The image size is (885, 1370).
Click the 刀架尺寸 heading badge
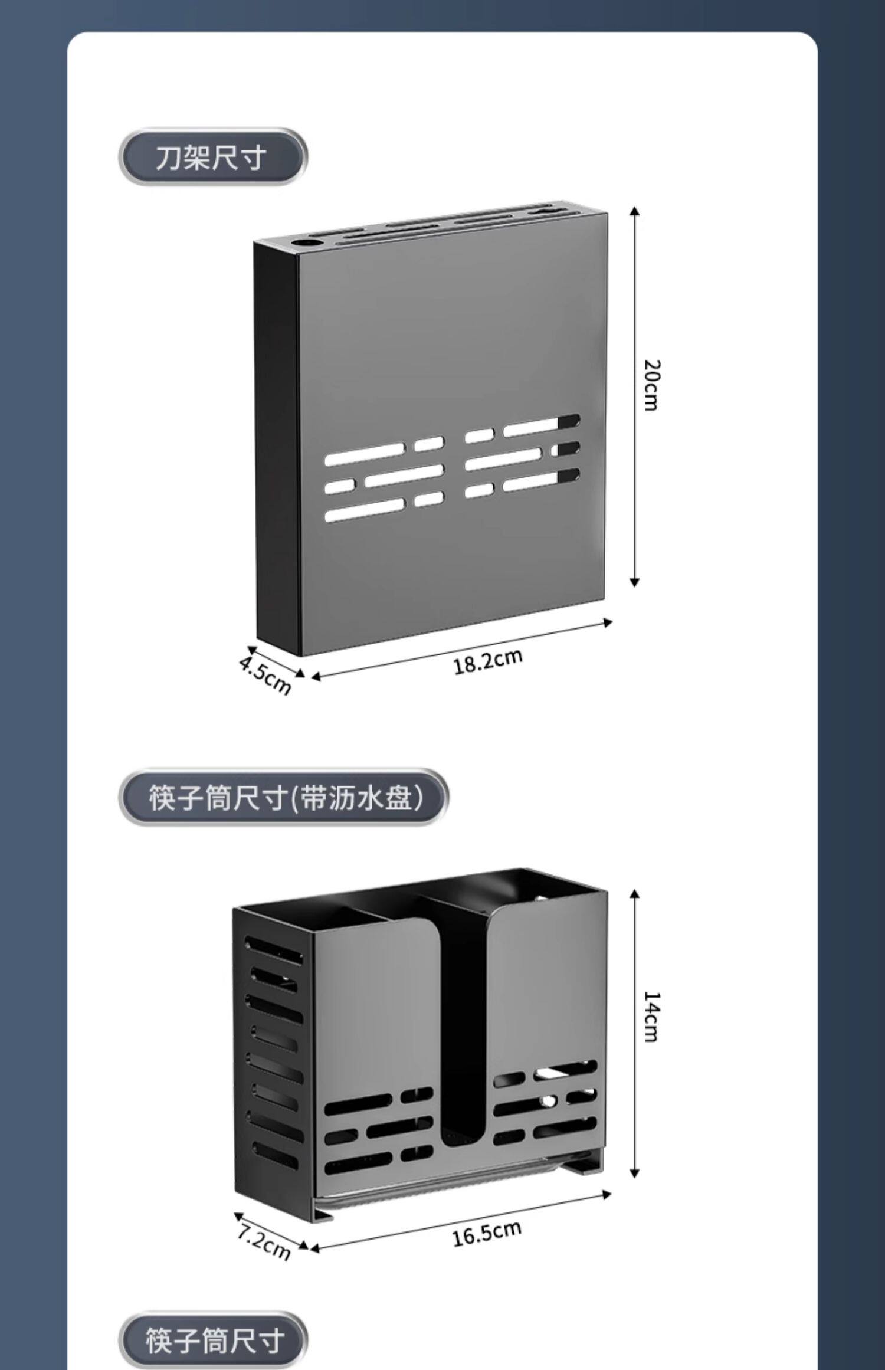coord(212,158)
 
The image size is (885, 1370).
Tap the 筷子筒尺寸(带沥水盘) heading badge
coord(283,798)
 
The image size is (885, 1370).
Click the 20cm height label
coord(651,385)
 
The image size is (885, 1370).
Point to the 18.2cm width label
coord(488,662)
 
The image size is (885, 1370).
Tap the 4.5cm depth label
coord(265,676)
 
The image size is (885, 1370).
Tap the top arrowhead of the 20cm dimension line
coord(635,211)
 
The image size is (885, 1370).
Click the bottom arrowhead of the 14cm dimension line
coord(635,1172)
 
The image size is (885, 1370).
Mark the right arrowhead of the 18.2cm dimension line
coord(608,621)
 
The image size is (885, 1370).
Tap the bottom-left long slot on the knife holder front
coord(365,510)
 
